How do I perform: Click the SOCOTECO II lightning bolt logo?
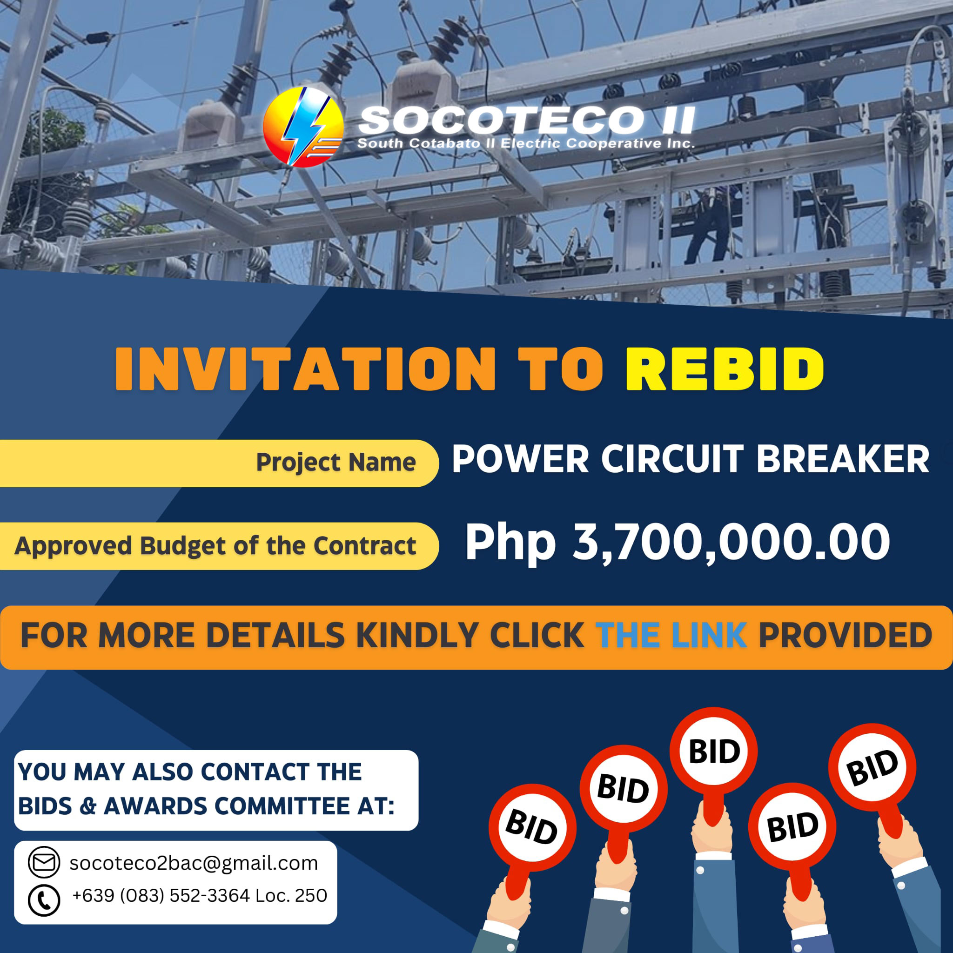pyautogui.click(x=303, y=127)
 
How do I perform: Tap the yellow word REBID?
pyautogui.click(x=725, y=369)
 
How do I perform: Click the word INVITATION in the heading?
pyautogui.click(x=305, y=369)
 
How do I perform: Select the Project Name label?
pyautogui.click(x=336, y=462)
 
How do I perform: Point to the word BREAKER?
pyautogui.click(x=843, y=459)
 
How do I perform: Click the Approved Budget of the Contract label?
pyautogui.click(x=215, y=545)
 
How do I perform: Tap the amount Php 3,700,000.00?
pyautogui.click(x=677, y=543)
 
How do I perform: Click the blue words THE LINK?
pyautogui.click(x=671, y=635)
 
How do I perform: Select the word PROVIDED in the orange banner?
pyautogui.click(x=845, y=635)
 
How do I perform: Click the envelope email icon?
pyautogui.click(x=44, y=862)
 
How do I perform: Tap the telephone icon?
pyautogui.click(x=44, y=900)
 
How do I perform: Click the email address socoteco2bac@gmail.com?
pyautogui.click(x=194, y=863)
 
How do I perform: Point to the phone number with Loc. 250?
pyautogui.click(x=199, y=895)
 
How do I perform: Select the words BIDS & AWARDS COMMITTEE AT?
pyautogui.click(x=206, y=806)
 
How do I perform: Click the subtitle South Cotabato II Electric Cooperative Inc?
pyautogui.click(x=526, y=143)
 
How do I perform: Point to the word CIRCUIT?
pyautogui.click(x=672, y=459)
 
